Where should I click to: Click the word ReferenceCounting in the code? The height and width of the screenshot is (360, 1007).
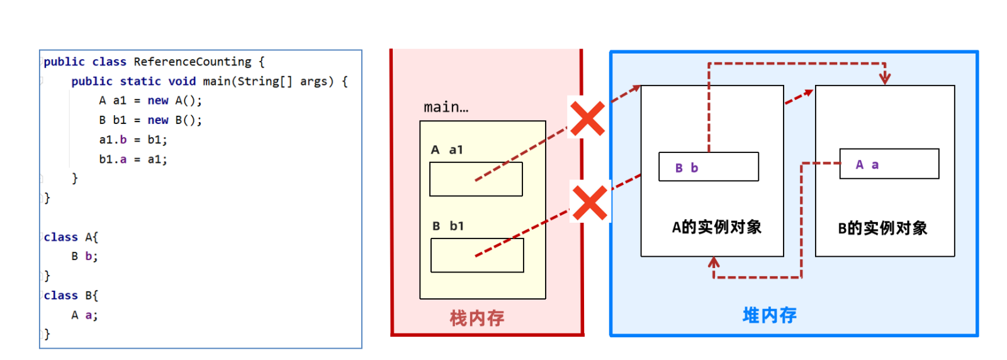193,62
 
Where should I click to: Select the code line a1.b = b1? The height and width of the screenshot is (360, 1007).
133,140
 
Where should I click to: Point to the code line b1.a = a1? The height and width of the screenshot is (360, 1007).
133,159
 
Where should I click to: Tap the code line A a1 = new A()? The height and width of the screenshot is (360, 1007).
150,101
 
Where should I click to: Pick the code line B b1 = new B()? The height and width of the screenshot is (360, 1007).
150,120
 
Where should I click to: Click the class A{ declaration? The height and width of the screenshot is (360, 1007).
71,237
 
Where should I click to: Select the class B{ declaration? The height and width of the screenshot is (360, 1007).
71,295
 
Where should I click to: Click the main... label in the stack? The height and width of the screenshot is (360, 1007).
446,107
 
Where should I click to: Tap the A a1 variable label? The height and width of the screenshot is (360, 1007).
447,150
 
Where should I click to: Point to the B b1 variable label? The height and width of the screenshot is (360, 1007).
447,225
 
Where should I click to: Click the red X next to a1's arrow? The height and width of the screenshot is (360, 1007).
587,118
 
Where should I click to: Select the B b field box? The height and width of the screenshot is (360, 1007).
709,167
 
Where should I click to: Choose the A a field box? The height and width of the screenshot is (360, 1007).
889,164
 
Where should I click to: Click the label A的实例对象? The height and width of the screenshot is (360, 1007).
717,227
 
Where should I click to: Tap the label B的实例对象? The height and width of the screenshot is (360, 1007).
882,228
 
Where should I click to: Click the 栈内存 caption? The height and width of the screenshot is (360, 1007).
477,318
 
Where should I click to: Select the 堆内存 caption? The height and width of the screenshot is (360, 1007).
770,315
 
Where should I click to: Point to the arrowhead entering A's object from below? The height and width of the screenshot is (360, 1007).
714,262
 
